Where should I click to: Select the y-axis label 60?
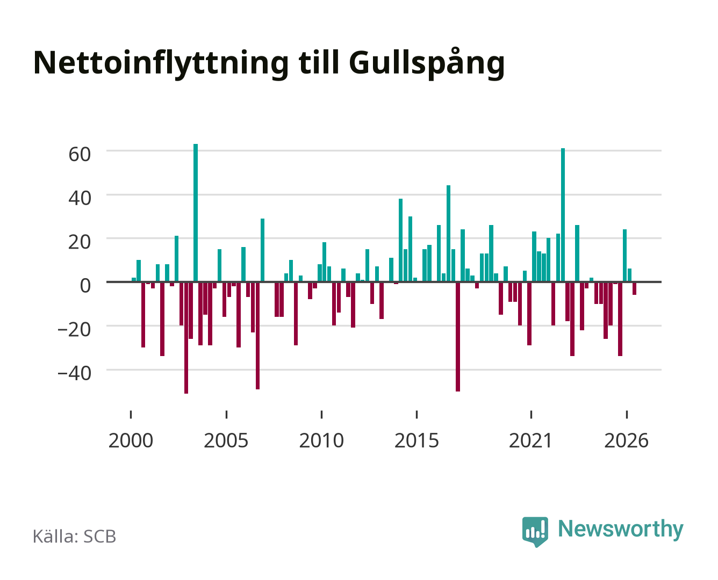point(80,155)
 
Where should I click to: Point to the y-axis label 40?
point(80,198)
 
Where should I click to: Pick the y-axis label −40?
point(74,373)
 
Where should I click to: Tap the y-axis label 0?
point(85,286)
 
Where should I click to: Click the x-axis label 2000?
point(131,440)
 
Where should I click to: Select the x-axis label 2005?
point(226,440)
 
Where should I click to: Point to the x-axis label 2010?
point(321,440)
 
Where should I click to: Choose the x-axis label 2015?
point(417,440)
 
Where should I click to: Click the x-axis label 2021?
point(530,440)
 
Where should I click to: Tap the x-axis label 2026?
point(627,440)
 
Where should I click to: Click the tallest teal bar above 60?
point(196,213)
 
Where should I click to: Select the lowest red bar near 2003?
point(186,338)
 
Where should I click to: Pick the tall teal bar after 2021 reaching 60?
point(563,215)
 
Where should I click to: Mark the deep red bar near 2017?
point(458,337)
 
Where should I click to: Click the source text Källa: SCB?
point(75,536)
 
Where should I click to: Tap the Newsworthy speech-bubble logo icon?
point(535,532)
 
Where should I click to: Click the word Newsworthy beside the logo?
point(621,530)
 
